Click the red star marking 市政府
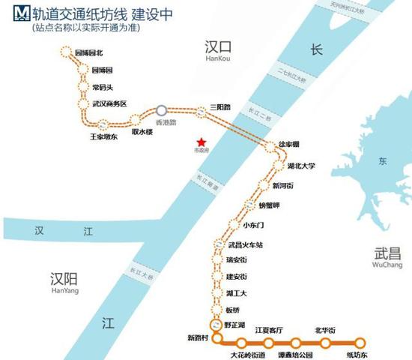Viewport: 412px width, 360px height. (200, 140)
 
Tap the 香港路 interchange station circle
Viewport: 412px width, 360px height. (161, 109)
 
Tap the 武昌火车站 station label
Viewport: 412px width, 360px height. (247, 245)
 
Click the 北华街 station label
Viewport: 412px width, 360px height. (325, 330)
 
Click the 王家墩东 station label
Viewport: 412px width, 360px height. (104, 137)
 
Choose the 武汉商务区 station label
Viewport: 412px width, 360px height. (109, 103)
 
